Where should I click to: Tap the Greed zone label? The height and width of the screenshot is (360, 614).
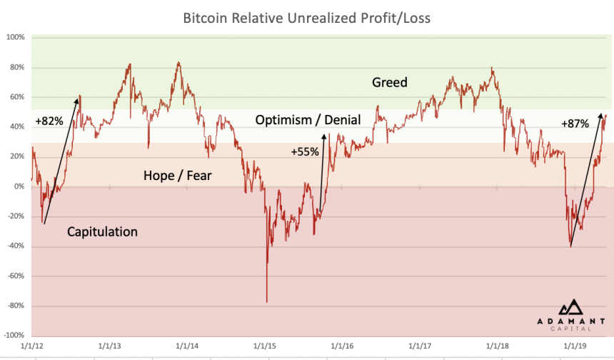pyautogui.click(x=390, y=82)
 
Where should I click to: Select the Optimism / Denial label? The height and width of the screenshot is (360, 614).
pyautogui.click(x=308, y=120)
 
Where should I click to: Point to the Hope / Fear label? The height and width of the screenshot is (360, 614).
pyautogui.click(x=177, y=175)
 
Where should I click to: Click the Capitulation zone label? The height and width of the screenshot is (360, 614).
pyautogui.click(x=102, y=231)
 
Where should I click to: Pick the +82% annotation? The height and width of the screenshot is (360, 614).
pyautogui.click(x=49, y=121)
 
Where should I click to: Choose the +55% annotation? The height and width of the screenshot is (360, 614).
pyautogui.click(x=305, y=151)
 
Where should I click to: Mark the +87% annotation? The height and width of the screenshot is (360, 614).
pyautogui.click(x=575, y=123)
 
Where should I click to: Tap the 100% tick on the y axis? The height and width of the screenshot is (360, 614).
pyautogui.click(x=16, y=37)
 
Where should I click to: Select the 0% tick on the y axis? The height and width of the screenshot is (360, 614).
pyautogui.click(x=19, y=186)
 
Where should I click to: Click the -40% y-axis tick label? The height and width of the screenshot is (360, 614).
pyautogui.click(x=16, y=246)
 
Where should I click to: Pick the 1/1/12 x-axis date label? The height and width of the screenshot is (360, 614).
pyautogui.click(x=32, y=345)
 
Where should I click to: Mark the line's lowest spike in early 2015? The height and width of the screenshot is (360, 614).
pyautogui.click(x=267, y=301)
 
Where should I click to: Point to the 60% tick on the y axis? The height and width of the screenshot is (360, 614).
pyautogui.click(x=18, y=97)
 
